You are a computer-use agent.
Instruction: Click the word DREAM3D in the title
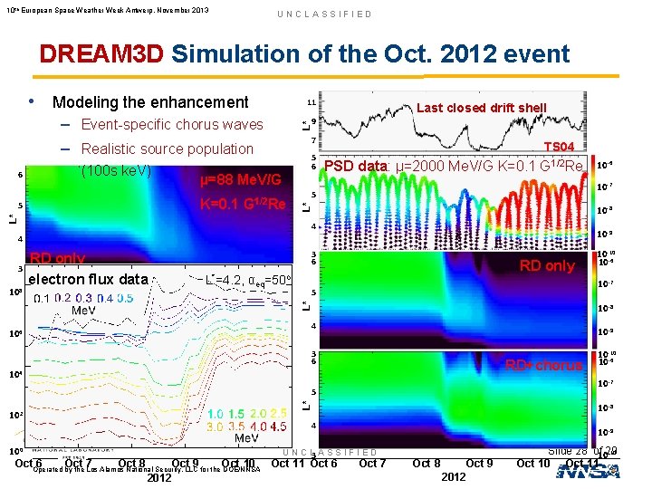point(101,53)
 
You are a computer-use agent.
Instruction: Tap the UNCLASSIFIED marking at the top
point(325,14)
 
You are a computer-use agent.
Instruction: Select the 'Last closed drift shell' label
point(481,107)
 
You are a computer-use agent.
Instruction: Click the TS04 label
point(558,147)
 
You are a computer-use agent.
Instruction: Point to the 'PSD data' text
point(356,167)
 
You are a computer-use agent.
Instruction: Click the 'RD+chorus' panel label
point(543,365)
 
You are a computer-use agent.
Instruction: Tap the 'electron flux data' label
point(89,279)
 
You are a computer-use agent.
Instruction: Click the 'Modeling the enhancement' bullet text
point(150,102)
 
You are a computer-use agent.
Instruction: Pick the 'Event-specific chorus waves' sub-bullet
point(172,125)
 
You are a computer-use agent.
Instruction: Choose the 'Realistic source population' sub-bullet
point(168,149)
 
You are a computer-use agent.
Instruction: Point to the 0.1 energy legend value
point(41,299)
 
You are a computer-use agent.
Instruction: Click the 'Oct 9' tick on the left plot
point(185,464)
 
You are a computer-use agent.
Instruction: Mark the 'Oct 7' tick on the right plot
point(373,464)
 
